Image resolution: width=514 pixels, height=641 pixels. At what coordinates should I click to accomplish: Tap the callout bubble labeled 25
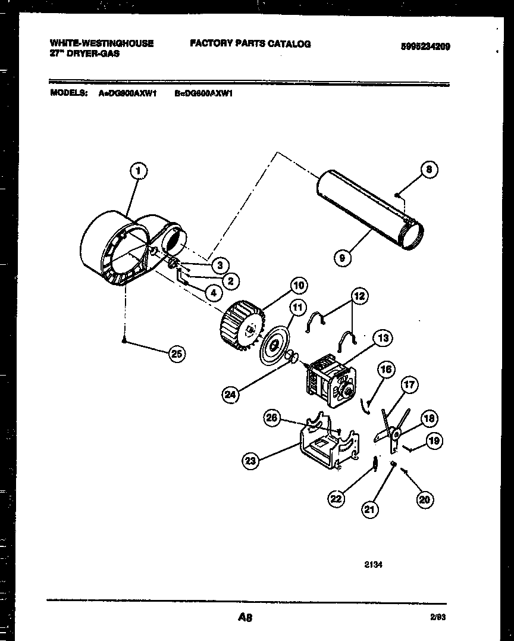point(176,354)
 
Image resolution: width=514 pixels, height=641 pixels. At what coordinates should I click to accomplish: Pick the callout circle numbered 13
point(383,339)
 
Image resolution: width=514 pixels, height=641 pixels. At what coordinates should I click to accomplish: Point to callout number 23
point(252,459)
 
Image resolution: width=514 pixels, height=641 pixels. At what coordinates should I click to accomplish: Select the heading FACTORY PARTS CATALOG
point(250,43)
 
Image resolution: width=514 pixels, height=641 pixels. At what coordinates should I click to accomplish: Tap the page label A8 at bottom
point(245,618)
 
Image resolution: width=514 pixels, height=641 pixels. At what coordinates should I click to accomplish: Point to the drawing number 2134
point(373,565)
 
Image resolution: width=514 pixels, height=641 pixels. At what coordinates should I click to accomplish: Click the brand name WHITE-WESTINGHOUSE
point(102,43)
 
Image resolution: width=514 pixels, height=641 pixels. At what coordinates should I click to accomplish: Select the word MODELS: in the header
point(69,93)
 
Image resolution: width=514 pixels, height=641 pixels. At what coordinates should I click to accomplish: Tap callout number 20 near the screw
point(424,500)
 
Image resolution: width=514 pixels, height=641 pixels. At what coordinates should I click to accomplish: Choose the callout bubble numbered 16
point(386,370)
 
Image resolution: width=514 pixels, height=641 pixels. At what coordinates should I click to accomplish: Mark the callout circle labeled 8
point(429,170)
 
